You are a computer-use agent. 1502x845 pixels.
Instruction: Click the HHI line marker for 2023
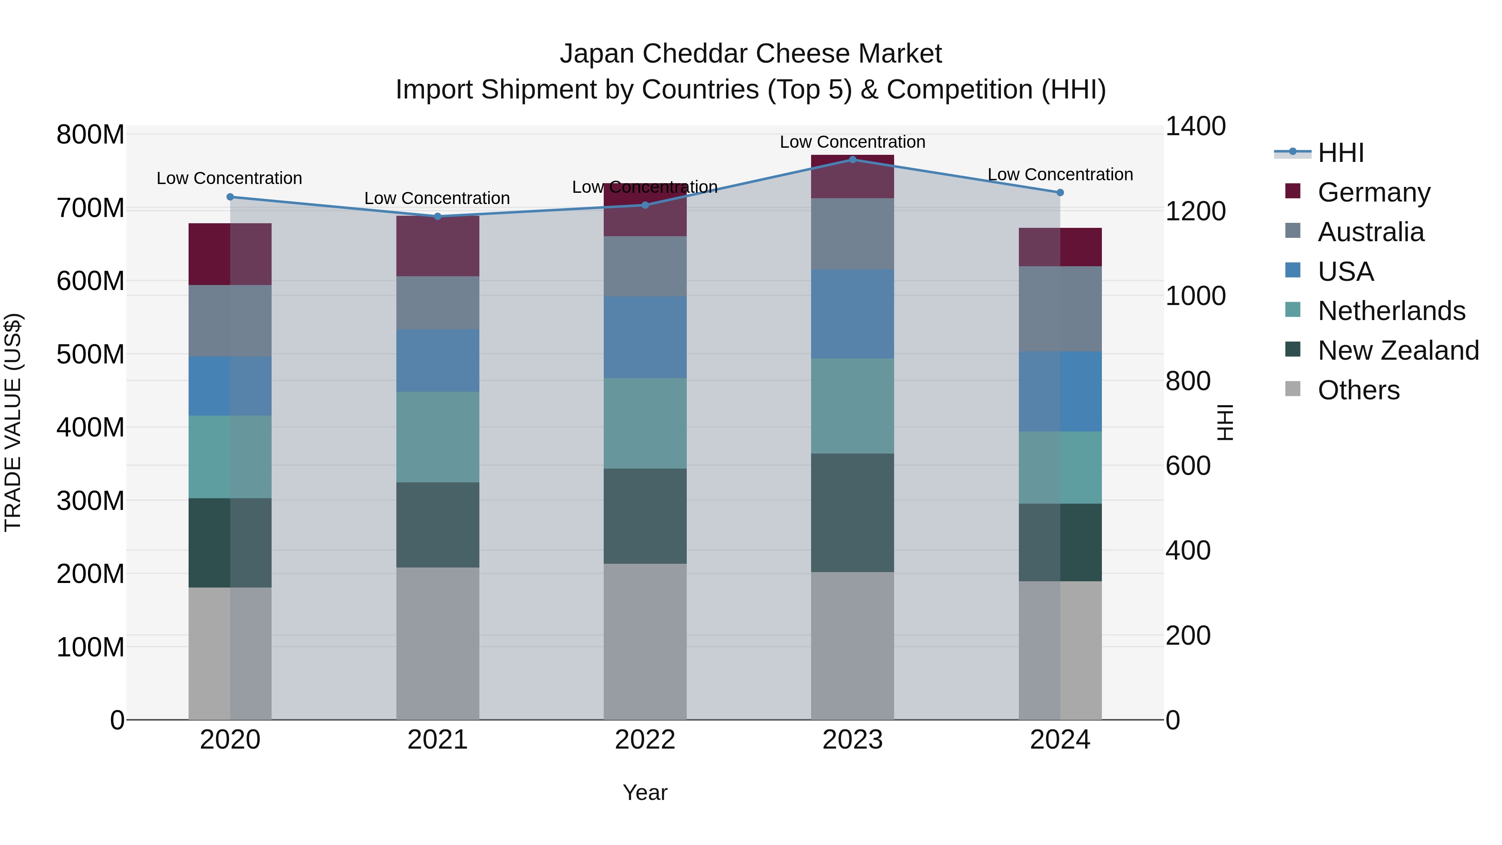click(852, 159)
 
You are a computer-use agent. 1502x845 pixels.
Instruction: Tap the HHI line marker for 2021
click(437, 216)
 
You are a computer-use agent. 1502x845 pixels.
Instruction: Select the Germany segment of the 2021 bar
click(437, 246)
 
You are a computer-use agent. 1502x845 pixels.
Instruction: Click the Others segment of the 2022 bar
click(645, 641)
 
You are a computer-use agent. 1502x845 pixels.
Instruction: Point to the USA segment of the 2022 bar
click(645, 337)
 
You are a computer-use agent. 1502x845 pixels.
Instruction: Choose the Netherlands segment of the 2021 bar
click(437, 437)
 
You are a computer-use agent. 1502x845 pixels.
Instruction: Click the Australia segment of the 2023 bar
click(852, 234)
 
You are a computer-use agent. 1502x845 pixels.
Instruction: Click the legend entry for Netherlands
click(1391, 311)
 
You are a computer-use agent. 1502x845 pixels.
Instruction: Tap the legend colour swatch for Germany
click(1293, 191)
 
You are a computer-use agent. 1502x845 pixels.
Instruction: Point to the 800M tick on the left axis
click(91, 135)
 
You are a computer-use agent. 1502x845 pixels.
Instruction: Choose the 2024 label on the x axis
click(1059, 740)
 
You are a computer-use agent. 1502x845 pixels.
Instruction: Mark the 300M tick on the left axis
click(91, 501)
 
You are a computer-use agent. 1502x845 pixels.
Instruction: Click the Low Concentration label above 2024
click(1059, 174)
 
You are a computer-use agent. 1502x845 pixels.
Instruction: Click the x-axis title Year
click(645, 792)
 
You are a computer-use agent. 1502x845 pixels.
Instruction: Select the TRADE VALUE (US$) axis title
click(13, 422)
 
